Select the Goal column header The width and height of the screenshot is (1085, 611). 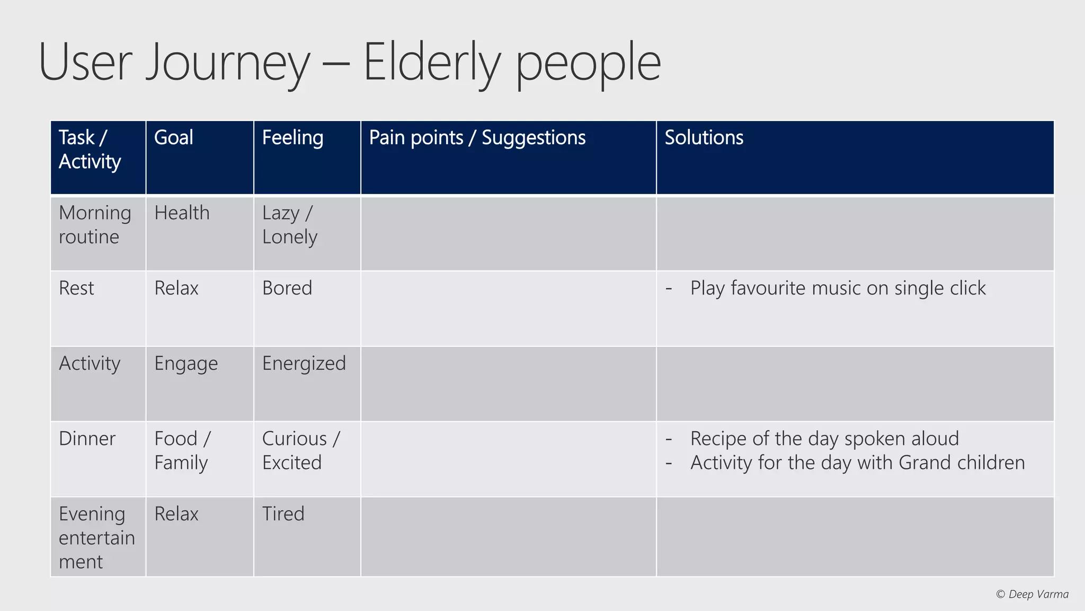pos(173,138)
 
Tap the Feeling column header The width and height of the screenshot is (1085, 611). pos(292,138)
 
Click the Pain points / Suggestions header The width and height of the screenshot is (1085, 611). pos(477,138)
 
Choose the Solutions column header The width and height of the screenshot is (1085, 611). pos(704,138)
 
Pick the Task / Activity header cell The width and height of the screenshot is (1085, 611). pos(90,150)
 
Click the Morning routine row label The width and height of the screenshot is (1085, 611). pos(94,224)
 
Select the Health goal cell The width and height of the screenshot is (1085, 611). pos(182,213)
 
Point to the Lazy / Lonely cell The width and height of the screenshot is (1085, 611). pos(289,224)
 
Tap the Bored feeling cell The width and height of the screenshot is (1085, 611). pos(287,289)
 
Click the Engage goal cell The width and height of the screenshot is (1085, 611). pos(186,364)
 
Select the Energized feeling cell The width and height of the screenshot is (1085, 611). pos(304,364)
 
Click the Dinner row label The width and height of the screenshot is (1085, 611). pos(87,439)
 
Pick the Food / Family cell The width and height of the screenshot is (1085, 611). pos(182,451)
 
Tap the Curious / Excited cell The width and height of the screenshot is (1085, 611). pos(300,451)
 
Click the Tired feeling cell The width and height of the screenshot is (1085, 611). pos(283,514)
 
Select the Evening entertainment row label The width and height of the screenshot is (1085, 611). pos(96,538)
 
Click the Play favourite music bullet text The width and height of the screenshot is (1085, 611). pos(837,289)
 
